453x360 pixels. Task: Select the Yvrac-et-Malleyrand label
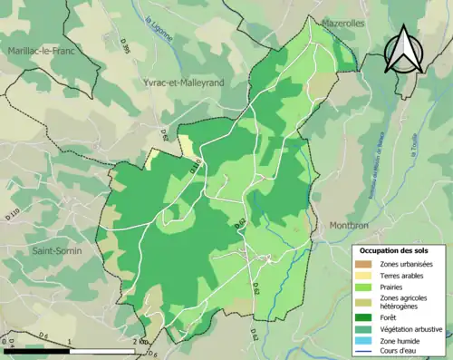177,83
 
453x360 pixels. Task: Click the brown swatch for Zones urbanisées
367,264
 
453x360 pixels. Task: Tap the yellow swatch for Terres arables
367,276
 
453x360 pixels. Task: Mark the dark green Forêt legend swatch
367,317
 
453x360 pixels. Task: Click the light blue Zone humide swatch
367,341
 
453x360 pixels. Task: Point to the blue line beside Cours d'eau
367,353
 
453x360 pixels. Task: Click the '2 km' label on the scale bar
138,341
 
